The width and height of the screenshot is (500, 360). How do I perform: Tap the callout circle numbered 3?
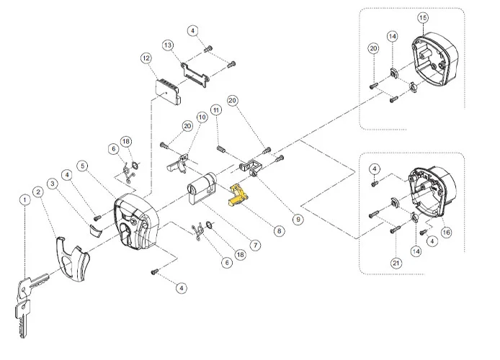pos(52,183)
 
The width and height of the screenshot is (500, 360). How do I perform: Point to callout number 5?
pos(84,166)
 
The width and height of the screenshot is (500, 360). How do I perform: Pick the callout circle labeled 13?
pos(167,45)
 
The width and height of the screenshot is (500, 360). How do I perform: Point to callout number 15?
pos(423,17)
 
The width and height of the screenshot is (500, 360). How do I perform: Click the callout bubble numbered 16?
pos(446,232)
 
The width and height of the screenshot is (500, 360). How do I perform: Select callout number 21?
pos(396,264)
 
